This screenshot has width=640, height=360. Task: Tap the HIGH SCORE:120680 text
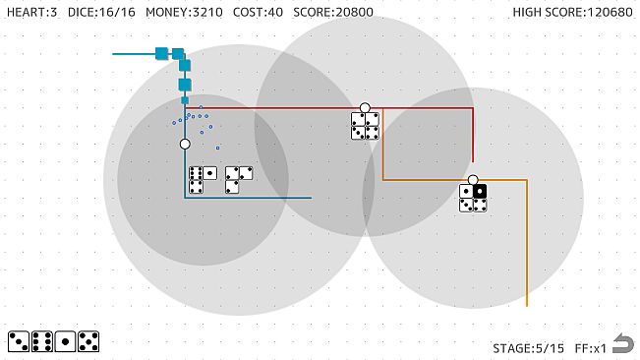572,12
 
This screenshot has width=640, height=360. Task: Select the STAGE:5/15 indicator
529,347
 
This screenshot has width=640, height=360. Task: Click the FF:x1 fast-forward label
588,347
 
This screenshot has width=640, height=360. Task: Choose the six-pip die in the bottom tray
42,341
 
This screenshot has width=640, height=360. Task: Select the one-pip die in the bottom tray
66,341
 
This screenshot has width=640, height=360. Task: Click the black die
480,192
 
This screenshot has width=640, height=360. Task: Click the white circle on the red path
365,108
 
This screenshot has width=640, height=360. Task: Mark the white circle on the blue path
185,144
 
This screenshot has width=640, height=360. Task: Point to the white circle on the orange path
473,180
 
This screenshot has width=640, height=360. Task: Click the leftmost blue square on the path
161,53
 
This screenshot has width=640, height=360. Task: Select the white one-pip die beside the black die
466,192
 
